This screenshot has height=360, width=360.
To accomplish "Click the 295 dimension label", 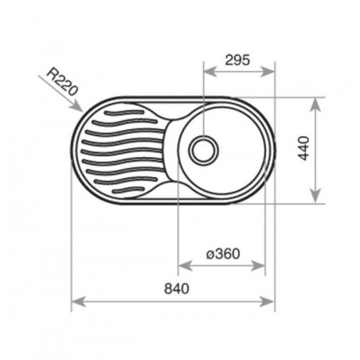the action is coord(237,60).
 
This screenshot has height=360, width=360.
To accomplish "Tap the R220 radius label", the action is coord(63,82).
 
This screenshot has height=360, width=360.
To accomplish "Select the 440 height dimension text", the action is coord(303,148).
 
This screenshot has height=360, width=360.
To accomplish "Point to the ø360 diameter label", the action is coord(223,253).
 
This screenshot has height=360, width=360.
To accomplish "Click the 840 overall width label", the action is coord(177,288).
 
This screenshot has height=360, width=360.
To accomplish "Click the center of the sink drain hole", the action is coord(204,151).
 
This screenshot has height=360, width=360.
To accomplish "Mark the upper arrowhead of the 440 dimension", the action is coord(315,105).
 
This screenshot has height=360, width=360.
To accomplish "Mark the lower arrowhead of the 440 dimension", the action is coord(315,197).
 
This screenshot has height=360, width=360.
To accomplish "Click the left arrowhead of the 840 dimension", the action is coord(79,302).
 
